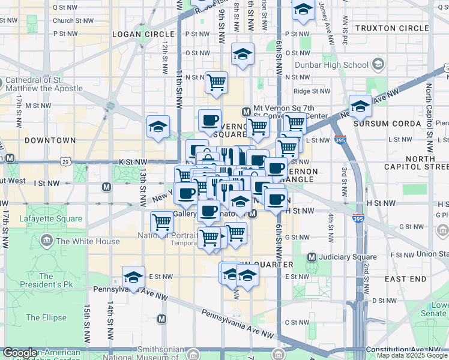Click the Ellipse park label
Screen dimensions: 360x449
point(46,317)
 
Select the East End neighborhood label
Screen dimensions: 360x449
point(405,279)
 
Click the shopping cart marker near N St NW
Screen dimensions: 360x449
point(216,82)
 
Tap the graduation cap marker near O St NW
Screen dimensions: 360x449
point(243,54)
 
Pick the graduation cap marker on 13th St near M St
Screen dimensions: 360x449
point(158,127)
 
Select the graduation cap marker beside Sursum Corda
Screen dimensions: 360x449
point(360,106)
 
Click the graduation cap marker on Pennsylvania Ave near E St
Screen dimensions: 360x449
point(133,277)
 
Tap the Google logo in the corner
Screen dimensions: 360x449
point(20,353)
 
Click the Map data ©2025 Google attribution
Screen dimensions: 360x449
point(412,355)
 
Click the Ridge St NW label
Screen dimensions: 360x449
point(312,91)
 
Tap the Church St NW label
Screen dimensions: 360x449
point(73,20)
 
